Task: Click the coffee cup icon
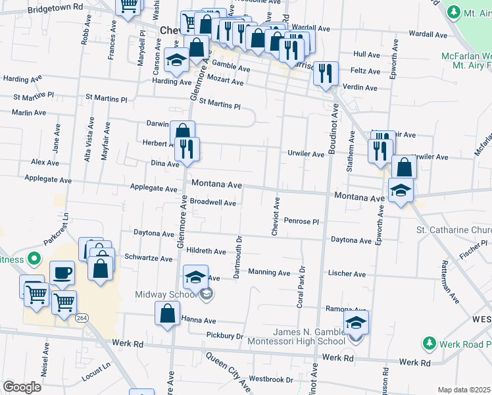coord(62,272)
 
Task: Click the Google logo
coord(22,387)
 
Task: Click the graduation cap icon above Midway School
coord(195,277)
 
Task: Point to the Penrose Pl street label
coord(302,222)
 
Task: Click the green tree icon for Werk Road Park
coord(429,343)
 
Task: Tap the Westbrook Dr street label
coord(270,379)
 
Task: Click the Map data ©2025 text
coord(464,390)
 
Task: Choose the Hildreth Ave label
coord(206,251)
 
